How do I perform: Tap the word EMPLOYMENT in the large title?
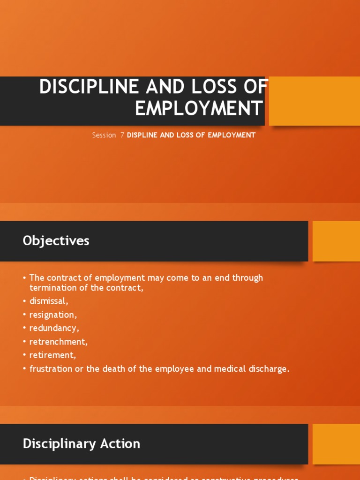[199, 108]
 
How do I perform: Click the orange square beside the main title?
[315, 101]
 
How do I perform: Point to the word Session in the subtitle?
[104, 135]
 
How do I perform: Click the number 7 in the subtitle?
[122, 135]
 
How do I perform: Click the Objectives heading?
[56, 241]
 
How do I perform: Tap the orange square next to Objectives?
[336, 241]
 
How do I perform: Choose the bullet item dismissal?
[48, 301]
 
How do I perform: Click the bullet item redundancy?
[54, 328]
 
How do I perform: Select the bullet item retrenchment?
[58, 342]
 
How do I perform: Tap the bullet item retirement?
[52, 355]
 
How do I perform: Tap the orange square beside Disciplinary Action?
[336, 443]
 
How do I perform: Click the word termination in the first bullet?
[52, 288]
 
